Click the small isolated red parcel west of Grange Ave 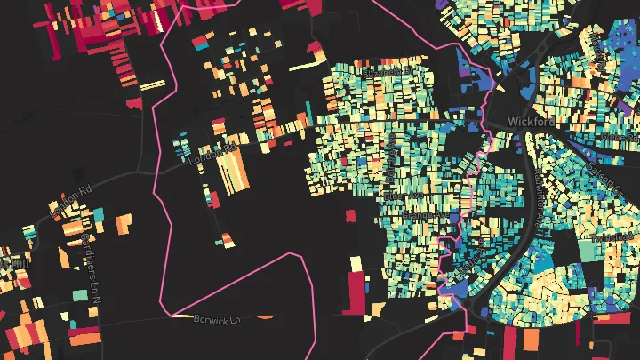[349, 215]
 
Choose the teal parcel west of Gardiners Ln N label [80, 294]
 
